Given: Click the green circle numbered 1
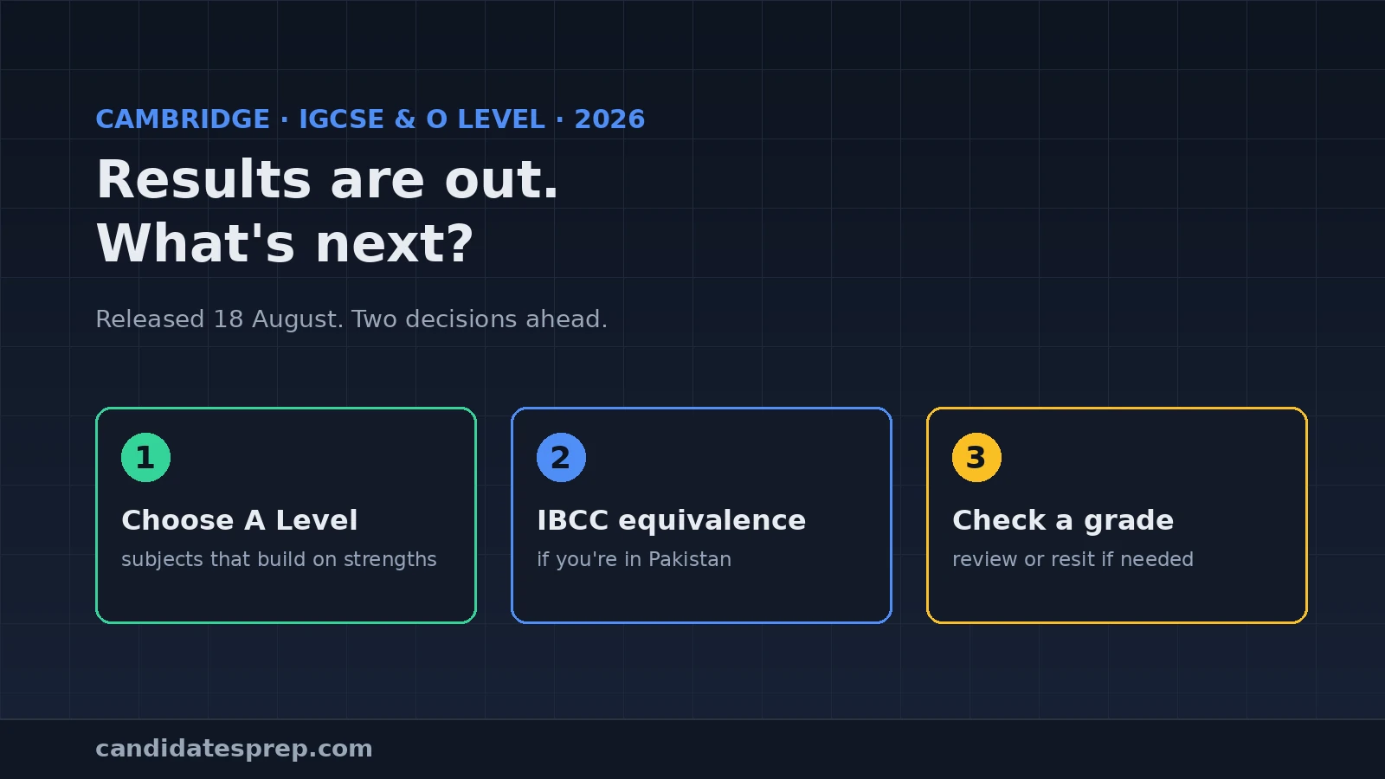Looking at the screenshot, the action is pyautogui.click(x=146, y=458).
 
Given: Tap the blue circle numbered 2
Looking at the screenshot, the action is pyautogui.click(x=562, y=458).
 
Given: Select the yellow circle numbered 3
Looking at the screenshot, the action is pyautogui.click(x=977, y=458).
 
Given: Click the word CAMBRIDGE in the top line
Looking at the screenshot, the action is pyautogui.click(x=183, y=119).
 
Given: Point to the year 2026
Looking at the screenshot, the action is pyautogui.click(x=609, y=119).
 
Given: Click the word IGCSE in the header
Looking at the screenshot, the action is pyautogui.click(x=341, y=119).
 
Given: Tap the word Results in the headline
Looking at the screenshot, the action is pyautogui.click(x=203, y=179).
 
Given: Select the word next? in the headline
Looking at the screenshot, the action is pyautogui.click(x=395, y=244).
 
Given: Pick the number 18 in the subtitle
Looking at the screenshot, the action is pyautogui.click(x=229, y=319).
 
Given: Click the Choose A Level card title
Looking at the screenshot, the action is pyautogui.click(x=239, y=520).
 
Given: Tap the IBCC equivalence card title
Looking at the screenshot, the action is pyautogui.click(x=672, y=520).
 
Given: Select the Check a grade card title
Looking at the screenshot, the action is pyautogui.click(x=1063, y=520).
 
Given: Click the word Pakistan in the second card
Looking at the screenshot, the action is pyautogui.click(x=690, y=559).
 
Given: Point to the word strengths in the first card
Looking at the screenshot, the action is pyautogui.click(x=390, y=559).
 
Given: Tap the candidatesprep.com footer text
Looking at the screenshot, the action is pyautogui.click(x=234, y=749).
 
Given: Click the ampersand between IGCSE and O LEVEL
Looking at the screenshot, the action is pyautogui.click(x=405, y=119).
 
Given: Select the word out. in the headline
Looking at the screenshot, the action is pyautogui.click(x=501, y=181).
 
